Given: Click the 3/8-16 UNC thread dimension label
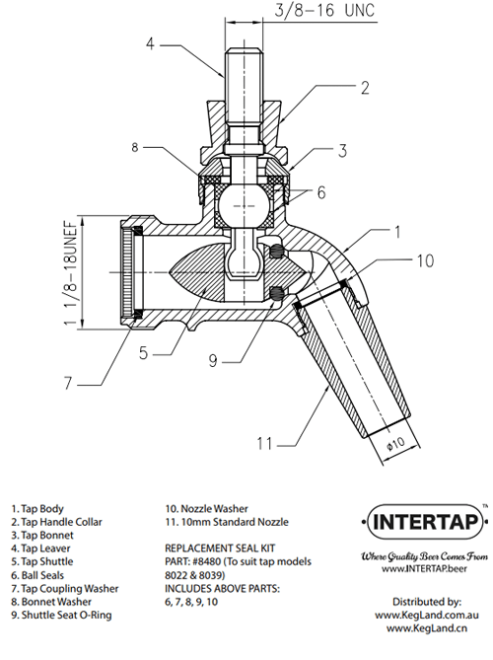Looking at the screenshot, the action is (324, 10).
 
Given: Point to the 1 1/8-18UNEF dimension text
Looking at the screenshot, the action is (71, 272).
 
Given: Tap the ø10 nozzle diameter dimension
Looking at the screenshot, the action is (395, 443).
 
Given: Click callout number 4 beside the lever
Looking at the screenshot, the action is (151, 43).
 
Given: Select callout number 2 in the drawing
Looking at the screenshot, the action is (365, 88).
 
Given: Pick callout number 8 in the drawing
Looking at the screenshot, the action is (135, 148).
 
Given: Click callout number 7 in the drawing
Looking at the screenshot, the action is (68, 384).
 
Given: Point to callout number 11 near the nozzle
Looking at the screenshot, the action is (264, 444).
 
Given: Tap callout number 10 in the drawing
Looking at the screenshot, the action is (425, 261).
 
